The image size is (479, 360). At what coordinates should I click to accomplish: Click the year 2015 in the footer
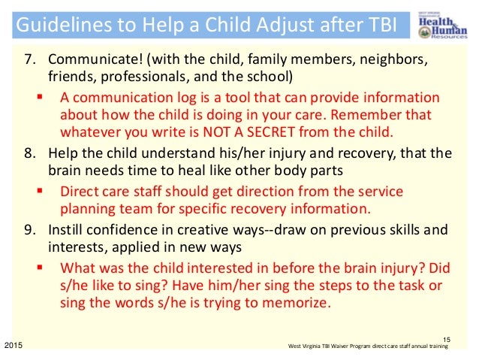point(13,344)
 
